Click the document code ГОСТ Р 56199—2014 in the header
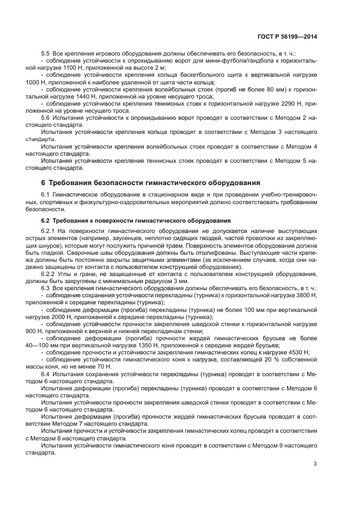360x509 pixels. click(287, 36)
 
